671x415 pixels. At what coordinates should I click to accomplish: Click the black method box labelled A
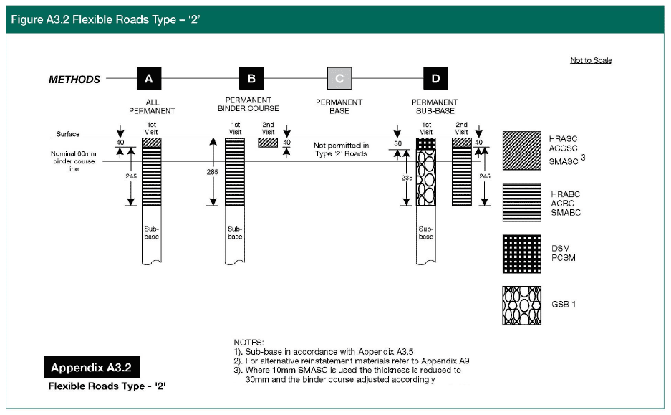148,78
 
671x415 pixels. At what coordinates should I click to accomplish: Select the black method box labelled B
251,78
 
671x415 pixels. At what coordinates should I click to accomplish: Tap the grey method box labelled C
339,78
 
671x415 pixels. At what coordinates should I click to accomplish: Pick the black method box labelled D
435,78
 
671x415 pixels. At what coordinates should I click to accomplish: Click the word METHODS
74,79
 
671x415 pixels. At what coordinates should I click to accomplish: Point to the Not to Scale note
591,60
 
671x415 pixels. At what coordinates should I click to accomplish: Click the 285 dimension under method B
213,172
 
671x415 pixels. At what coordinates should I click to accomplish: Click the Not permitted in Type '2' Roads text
342,150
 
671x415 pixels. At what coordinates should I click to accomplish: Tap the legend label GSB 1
564,304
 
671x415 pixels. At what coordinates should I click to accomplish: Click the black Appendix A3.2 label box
92,368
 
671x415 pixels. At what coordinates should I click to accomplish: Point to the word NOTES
249,343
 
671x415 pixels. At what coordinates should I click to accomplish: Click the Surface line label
68,134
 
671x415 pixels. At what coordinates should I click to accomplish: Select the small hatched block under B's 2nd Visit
268,143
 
